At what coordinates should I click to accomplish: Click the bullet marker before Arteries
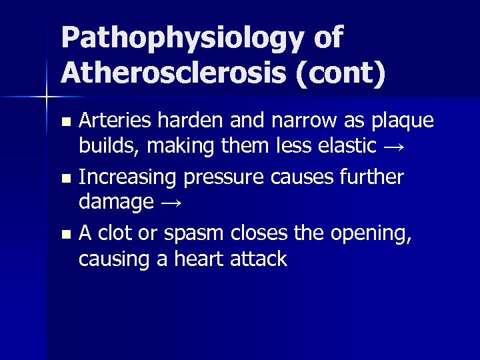pos(65,123)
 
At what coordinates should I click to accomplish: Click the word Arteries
pos(114,121)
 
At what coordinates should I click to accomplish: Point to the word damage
pos(115,202)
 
